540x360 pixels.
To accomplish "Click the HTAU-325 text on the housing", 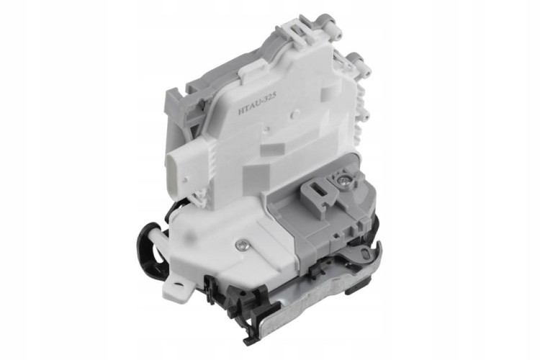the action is [x=258, y=105].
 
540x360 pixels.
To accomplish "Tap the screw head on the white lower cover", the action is [x=242, y=246].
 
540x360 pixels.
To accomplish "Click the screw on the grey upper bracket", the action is [x=344, y=180].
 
